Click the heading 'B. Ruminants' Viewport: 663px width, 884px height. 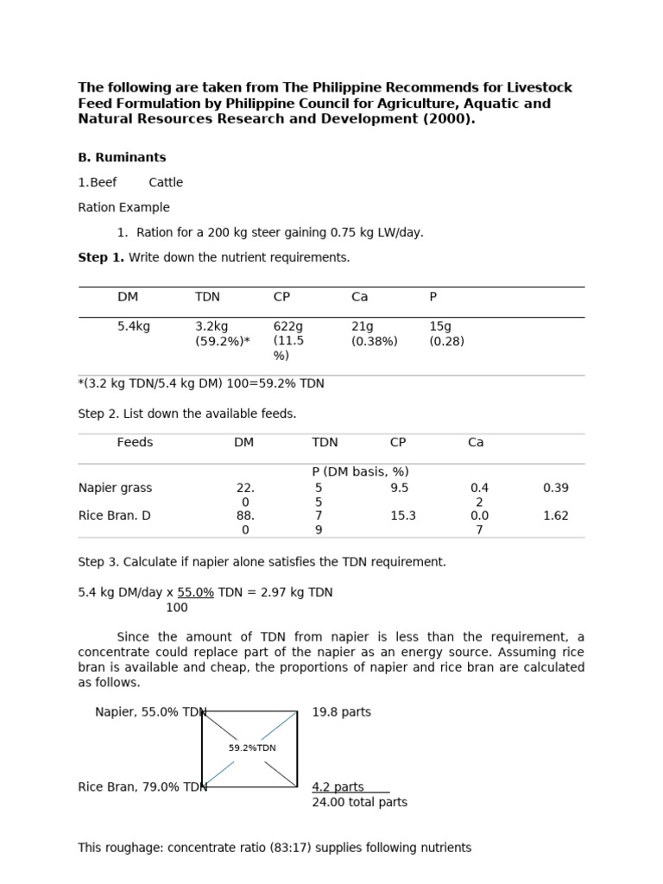[122, 158]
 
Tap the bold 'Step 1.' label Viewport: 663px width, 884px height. [101, 257]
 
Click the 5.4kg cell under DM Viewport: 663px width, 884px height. [134, 326]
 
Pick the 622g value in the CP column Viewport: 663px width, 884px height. [288, 326]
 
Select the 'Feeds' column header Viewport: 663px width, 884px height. [135, 442]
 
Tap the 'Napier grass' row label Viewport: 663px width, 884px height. [115, 488]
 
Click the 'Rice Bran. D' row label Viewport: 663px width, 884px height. [114, 515]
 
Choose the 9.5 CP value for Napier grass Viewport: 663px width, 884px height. [399, 488]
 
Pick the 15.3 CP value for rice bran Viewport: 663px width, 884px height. [403, 515]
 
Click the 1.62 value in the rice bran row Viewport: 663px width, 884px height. [556, 515]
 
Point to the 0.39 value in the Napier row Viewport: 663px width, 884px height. [556, 488]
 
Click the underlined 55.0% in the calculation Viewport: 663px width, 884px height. [196, 592]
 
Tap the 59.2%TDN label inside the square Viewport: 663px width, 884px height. [252, 748]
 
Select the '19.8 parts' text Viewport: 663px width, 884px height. [341, 712]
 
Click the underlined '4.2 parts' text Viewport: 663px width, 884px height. [338, 786]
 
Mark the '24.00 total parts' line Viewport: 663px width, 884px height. [359, 802]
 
